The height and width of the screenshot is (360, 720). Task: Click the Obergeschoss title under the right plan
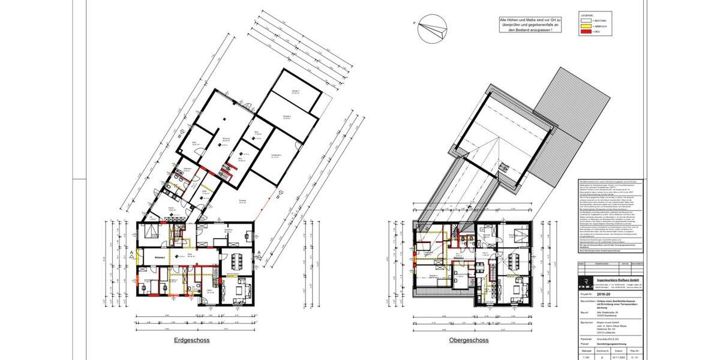click(x=469, y=340)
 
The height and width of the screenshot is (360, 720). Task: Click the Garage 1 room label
click(x=295, y=92)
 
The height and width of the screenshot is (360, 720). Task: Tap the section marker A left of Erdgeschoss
click(x=131, y=254)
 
